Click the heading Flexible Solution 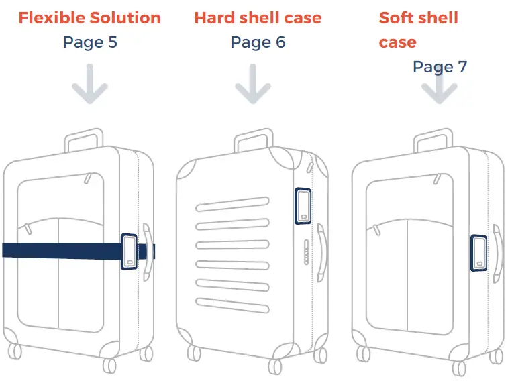click(x=89, y=17)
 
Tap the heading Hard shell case click(x=258, y=17)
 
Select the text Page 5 click(x=90, y=42)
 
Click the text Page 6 click(x=258, y=42)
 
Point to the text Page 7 click(x=440, y=66)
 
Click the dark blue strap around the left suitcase click(x=60, y=250)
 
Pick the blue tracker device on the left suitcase click(x=129, y=252)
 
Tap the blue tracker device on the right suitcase click(x=479, y=253)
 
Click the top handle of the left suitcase click(x=84, y=140)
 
